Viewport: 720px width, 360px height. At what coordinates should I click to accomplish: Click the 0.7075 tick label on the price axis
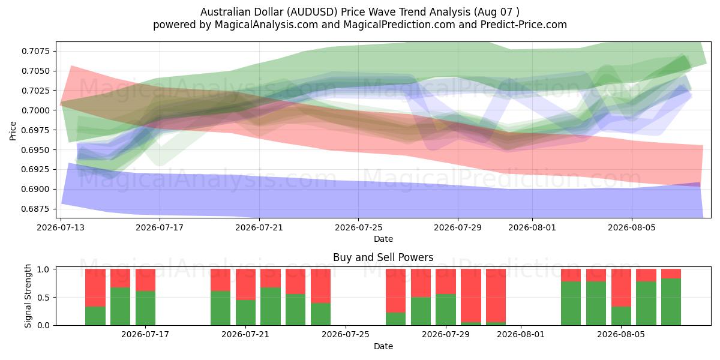(x=35, y=51)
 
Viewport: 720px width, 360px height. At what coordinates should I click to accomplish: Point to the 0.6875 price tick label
(x=35, y=209)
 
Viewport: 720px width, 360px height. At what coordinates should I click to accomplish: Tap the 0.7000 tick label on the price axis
(x=35, y=110)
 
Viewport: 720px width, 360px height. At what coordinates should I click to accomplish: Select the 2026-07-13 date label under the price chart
(x=61, y=227)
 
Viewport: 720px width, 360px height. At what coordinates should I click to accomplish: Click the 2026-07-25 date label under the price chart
(x=359, y=227)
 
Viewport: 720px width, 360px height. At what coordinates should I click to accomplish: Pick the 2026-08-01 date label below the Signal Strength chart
(x=521, y=334)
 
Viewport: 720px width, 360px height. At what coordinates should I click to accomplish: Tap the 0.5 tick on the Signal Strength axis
(x=44, y=298)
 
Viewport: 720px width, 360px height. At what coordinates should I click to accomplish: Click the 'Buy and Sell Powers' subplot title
(x=383, y=257)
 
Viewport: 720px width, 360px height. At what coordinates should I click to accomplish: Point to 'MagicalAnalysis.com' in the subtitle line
(x=266, y=25)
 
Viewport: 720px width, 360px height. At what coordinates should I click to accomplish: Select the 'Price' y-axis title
(x=13, y=131)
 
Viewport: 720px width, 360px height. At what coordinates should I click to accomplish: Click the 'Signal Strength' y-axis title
(x=28, y=296)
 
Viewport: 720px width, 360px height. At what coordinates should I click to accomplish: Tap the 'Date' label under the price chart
(x=383, y=239)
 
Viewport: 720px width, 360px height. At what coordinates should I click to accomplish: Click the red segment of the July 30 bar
(x=471, y=296)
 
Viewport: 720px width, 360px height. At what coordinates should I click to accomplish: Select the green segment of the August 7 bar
(x=671, y=302)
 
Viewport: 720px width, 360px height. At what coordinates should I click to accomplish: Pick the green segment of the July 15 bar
(x=120, y=307)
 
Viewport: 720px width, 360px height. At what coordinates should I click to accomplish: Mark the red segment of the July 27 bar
(x=396, y=291)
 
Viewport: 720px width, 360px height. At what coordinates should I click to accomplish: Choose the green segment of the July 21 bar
(x=245, y=313)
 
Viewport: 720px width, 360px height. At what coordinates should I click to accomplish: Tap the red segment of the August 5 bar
(x=621, y=287)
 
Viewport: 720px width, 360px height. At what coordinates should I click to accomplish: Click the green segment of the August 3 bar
(x=571, y=304)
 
